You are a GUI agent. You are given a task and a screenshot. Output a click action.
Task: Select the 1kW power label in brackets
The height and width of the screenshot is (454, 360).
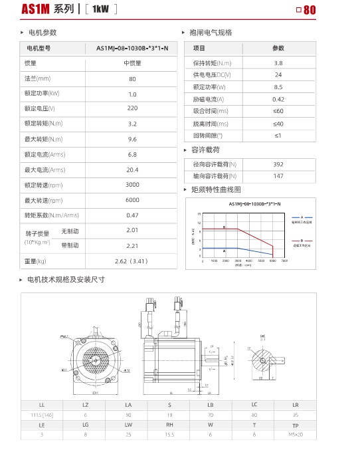pos(100,9)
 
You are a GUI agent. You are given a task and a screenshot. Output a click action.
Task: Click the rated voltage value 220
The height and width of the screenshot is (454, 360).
pos(132,108)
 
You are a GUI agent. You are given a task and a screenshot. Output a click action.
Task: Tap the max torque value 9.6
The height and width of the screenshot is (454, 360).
pos(132,139)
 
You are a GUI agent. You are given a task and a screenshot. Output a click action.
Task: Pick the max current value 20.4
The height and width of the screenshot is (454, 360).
pos(132,170)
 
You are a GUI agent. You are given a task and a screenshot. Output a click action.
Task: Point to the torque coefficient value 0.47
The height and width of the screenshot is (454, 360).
pos(132,215)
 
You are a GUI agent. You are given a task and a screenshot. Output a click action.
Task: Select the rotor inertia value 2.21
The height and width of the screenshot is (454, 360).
pos(132,245)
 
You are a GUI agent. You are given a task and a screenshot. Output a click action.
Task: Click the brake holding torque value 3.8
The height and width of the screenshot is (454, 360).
pos(278,62)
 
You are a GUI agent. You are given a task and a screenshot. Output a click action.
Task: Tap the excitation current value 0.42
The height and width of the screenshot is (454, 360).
pos(278,99)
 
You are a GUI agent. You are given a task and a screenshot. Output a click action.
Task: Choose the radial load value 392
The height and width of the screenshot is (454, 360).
pos(278,164)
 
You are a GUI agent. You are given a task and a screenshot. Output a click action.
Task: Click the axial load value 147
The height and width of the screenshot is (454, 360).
pos(278,176)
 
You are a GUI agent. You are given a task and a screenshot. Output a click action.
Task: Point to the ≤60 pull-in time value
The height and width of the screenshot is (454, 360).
pos(278,111)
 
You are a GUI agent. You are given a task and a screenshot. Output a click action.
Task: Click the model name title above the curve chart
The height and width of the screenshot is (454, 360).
pos(255,203)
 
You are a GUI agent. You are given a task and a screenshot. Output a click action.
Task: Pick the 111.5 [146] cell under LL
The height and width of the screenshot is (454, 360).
pos(42,413)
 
